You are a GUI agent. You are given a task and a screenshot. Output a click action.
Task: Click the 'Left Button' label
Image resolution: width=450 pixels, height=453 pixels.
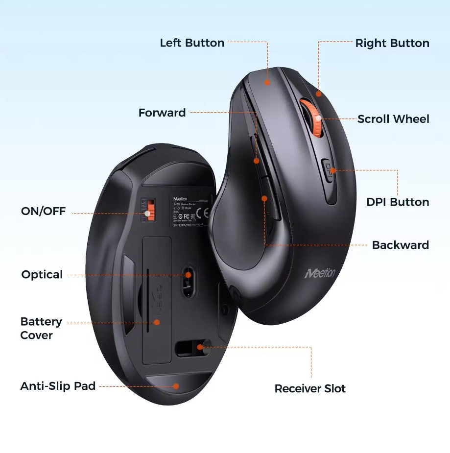(192, 43)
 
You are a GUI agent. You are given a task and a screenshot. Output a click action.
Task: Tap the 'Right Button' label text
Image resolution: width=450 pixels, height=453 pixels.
(392, 43)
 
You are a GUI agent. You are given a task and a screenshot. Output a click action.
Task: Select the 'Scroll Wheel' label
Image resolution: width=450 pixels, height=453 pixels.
(393, 119)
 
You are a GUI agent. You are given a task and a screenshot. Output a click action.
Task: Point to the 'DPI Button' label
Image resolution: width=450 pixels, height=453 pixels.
(398, 202)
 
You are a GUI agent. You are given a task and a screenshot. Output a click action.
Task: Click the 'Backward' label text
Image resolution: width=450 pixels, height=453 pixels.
(400, 245)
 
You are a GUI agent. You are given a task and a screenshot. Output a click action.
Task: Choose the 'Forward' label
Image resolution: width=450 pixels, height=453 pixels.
(162, 113)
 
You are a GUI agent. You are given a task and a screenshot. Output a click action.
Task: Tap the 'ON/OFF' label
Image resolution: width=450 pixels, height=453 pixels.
(43, 212)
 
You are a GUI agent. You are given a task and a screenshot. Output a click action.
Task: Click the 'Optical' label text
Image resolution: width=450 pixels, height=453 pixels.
(42, 274)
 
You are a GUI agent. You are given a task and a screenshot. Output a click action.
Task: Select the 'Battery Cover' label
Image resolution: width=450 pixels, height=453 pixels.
(41, 328)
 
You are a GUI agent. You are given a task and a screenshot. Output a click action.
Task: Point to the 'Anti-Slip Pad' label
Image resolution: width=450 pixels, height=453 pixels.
(58, 386)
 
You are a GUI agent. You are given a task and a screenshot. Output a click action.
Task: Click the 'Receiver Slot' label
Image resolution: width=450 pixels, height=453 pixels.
(310, 388)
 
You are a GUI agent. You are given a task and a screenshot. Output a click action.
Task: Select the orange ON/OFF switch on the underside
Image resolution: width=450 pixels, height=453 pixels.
(148, 210)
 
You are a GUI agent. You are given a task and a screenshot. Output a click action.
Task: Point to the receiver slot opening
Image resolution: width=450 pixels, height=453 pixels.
(192, 347)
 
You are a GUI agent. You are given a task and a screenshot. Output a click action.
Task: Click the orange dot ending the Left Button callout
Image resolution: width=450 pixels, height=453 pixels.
(267, 82)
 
